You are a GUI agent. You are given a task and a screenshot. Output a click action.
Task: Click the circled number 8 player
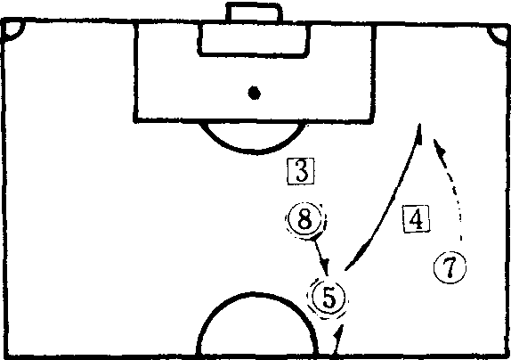[x=305, y=219]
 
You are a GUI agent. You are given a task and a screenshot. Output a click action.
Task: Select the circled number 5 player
[x=328, y=297]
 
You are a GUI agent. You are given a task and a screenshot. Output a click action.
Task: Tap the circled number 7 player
[x=450, y=267]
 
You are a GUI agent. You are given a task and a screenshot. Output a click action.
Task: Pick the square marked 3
[x=301, y=171]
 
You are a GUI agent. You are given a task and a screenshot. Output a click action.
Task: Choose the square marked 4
[x=416, y=219]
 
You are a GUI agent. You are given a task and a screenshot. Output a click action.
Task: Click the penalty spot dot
[x=255, y=93]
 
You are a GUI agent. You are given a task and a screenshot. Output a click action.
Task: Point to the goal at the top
[x=254, y=13]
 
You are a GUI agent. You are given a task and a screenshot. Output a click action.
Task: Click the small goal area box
[x=255, y=40]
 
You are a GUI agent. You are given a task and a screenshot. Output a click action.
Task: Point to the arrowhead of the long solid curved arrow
[x=418, y=134]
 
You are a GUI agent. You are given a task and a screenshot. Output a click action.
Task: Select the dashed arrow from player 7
[x=453, y=186]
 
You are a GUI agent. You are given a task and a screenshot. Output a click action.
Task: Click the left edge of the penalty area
[x=136, y=72]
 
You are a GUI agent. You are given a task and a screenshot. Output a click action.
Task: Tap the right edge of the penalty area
[x=374, y=73]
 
